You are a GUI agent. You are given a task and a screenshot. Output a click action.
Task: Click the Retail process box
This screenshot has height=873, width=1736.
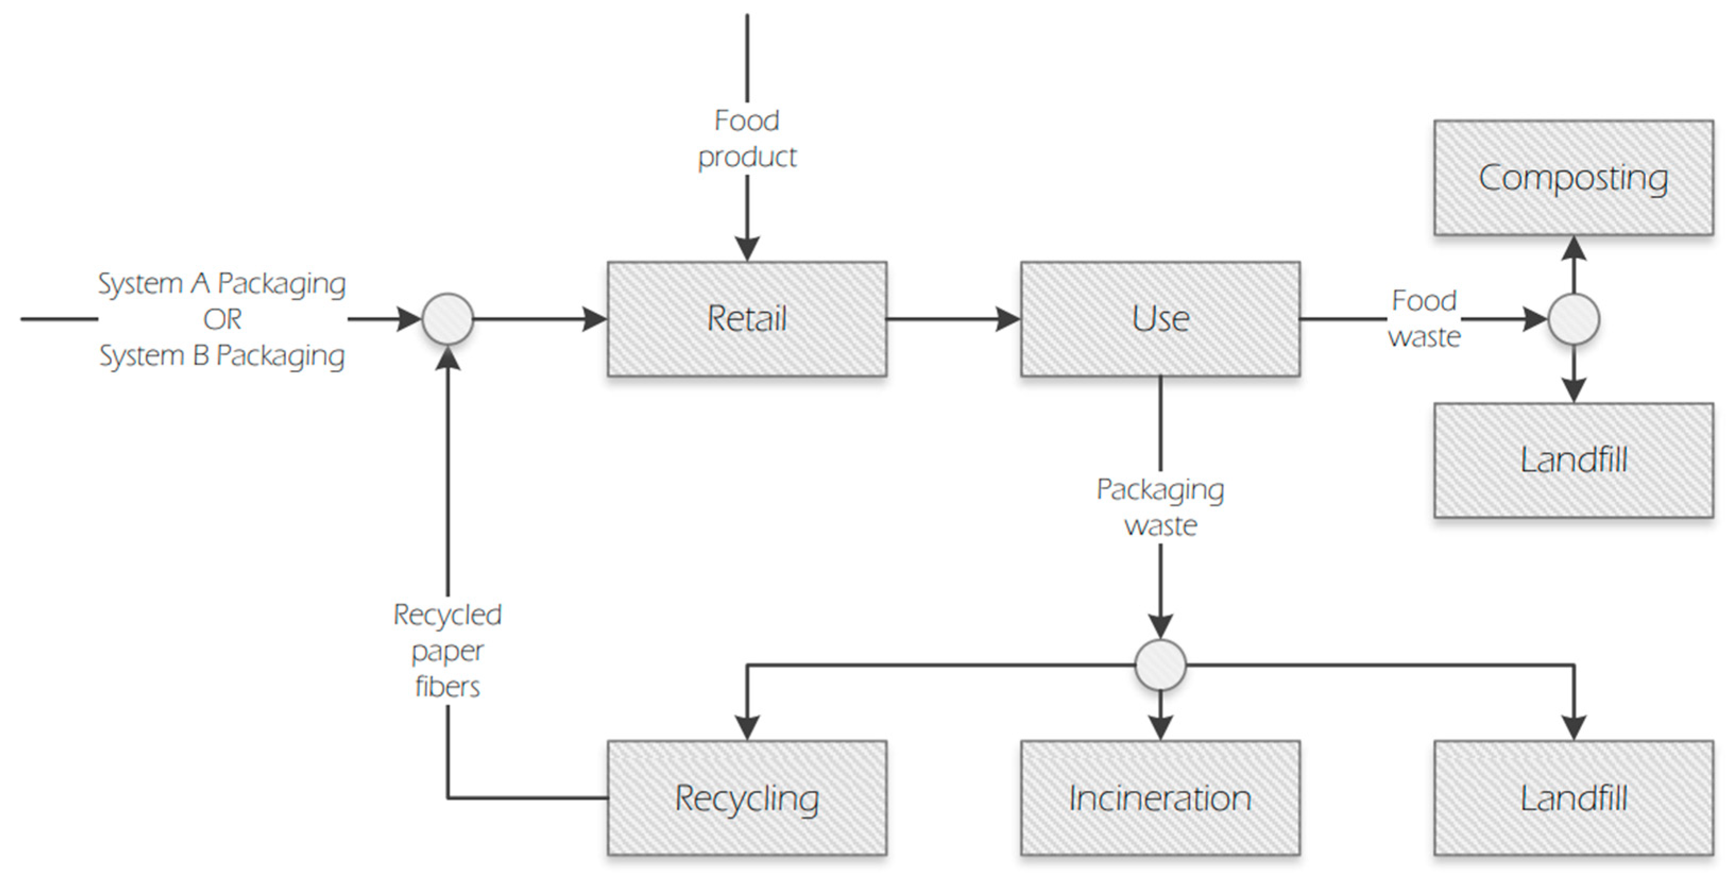coord(747,319)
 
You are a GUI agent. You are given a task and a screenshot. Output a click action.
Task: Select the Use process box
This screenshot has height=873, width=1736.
coord(1160,319)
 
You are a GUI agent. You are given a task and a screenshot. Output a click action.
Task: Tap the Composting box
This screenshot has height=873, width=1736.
coord(1573,178)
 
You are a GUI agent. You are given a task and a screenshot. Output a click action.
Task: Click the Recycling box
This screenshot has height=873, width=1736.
coord(747,798)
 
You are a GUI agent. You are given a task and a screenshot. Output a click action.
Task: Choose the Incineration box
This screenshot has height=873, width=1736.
coord(1160,798)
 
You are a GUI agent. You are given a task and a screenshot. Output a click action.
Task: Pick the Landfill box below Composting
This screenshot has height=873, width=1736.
coord(1573,460)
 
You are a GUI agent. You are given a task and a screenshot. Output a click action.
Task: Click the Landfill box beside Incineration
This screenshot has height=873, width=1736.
coord(1573,798)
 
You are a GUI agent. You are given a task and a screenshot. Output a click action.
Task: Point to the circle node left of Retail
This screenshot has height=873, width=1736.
coord(448,319)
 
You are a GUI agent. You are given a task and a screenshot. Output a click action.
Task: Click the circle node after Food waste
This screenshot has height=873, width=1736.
coord(1573,319)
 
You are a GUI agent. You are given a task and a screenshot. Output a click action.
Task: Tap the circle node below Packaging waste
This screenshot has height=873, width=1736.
coord(1160,665)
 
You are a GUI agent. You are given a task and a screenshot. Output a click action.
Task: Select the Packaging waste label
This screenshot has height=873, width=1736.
coord(1160,507)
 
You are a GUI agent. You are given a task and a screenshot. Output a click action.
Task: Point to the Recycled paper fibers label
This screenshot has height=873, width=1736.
coord(448,651)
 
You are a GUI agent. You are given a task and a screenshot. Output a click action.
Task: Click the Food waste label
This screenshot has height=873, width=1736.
coord(1424,319)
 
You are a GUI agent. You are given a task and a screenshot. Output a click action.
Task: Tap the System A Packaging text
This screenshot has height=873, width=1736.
coord(222,283)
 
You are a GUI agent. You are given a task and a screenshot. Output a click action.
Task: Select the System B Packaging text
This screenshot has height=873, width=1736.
coord(222,355)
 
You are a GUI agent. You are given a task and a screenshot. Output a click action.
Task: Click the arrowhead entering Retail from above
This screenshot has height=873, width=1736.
coord(747,248)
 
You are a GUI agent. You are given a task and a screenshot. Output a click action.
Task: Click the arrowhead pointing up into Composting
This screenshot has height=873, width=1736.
coord(1573,248)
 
